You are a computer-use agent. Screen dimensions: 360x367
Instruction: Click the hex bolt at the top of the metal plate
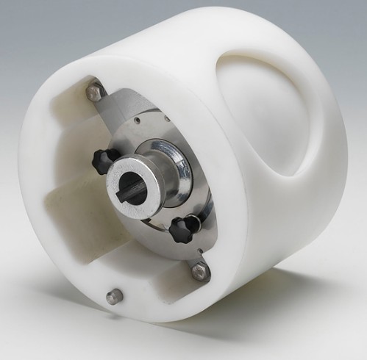(94, 92)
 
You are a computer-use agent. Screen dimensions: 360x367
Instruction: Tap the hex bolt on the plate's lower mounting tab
(199, 271)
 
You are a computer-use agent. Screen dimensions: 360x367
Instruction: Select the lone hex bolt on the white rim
(113, 296)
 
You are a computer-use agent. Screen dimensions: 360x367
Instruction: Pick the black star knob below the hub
(180, 231)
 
